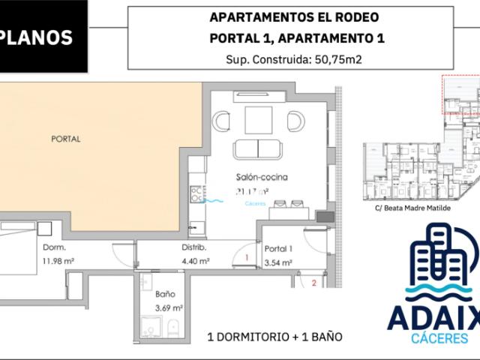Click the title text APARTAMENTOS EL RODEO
[293, 17]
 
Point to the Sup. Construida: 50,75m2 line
[293, 60]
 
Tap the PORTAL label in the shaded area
[65, 139]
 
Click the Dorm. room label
[53, 247]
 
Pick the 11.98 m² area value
[57, 260]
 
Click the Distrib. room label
[193, 247]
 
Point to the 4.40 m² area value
[195, 261]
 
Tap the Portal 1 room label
[278, 248]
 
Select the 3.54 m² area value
[278, 262]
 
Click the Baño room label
[166, 294]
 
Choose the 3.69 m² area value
[167, 307]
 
